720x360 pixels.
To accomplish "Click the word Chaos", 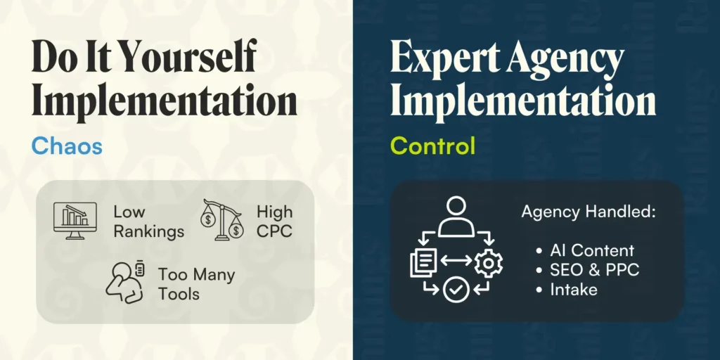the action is click(x=67, y=146).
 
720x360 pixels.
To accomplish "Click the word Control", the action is click(x=432, y=146).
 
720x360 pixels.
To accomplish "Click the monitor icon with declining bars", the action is click(x=75, y=220).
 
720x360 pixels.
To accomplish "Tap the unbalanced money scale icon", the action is click(x=221, y=220).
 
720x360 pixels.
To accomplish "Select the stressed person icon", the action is click(x=125, y=282).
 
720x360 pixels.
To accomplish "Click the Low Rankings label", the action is click(x=148, y=221).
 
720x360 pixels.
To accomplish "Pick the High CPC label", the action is click(x=275, y=221).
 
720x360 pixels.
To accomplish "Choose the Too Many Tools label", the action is click(x=197, y=284).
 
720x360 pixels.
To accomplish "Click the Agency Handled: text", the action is click(x=589, y=212).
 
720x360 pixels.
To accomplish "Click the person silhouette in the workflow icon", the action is click(x=456, y=217).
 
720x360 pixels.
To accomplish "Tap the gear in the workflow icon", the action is click(x=488, y=263).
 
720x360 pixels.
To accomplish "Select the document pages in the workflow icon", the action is click(x=423, y=262).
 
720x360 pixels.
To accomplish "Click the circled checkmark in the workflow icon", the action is click(x=456, y=289).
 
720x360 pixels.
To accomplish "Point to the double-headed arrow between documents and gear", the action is click(x=456, y=260).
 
